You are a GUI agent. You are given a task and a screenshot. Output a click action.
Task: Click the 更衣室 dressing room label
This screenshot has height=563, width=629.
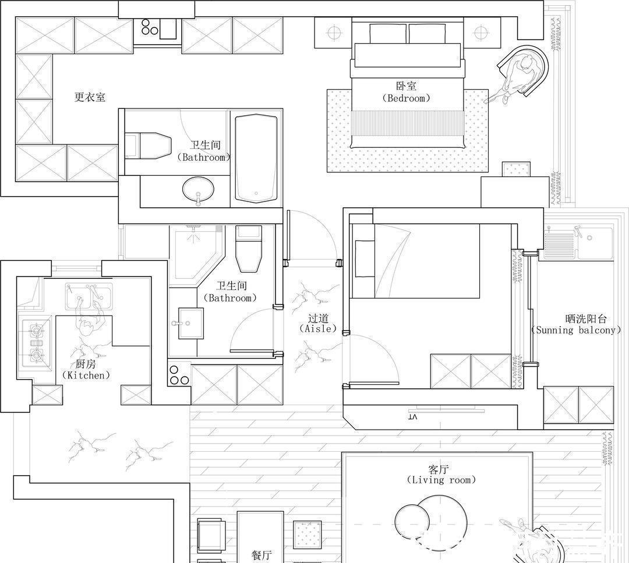click(90, 97)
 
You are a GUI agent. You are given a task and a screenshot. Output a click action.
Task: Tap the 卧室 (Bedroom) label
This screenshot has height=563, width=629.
click(407, 92)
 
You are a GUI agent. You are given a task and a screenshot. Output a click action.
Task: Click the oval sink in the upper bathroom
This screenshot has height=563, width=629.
click(198, 189)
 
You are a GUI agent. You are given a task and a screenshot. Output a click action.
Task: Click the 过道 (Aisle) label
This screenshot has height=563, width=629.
click(318, 324)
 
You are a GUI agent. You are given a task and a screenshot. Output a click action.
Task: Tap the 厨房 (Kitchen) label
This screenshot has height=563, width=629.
click(86, 370)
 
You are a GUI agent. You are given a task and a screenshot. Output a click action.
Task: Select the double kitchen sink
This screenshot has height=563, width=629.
click(89, 296)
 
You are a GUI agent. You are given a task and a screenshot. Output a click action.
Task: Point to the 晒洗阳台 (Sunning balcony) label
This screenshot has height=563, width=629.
click(576, 324)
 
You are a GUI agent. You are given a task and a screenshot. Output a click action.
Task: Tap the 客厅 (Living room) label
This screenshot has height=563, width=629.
click(440, 475)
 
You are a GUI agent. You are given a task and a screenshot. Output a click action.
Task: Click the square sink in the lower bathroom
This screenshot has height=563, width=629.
click(190, 323)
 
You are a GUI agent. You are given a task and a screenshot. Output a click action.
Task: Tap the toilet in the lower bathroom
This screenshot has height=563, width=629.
click(249, 249)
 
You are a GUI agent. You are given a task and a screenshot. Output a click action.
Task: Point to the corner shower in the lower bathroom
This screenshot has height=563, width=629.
click(196, 256)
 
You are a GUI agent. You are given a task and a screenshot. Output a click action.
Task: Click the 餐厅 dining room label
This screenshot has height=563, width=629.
click(261, 555)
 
